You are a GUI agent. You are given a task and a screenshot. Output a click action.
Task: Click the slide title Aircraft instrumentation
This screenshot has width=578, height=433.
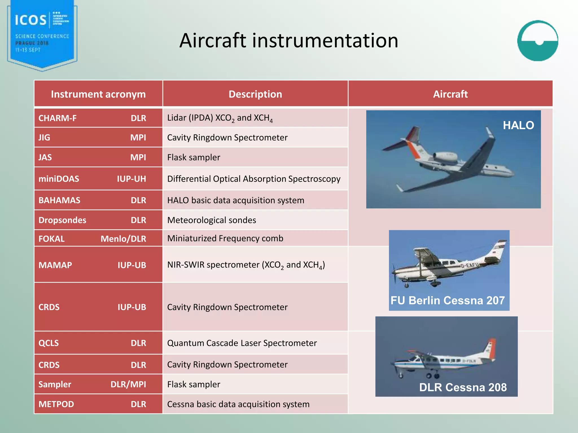[x=289, y=41]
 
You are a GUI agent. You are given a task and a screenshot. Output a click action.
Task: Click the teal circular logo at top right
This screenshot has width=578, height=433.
[x=538, y=41]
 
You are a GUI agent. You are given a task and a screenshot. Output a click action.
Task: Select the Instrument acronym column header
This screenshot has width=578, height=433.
[x=98, y=94]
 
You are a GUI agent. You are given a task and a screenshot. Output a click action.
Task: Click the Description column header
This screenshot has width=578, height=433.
[x=255, y=94]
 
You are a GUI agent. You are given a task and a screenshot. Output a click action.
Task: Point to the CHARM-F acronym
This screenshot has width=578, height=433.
[x=58, y=118]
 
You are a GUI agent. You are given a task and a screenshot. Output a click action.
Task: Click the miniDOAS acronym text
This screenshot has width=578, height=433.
[x=59, y=179]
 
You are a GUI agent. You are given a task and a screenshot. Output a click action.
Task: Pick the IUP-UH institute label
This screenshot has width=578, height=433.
[x=132, y=179]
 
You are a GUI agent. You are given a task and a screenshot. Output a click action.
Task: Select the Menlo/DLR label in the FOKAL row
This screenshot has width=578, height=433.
[x=123, y=239]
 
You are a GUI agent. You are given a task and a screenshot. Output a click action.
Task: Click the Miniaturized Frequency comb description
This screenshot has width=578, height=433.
[x=225, y=238]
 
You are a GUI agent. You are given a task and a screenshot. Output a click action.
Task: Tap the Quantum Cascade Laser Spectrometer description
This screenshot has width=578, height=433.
[x=242, y=343]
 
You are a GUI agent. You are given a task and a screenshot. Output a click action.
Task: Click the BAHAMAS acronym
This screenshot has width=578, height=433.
[x=59, y=200]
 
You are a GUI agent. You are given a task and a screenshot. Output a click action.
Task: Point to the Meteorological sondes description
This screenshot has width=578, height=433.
[x=212, y=220]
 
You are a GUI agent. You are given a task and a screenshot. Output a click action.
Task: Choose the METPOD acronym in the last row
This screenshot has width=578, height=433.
[x=56, y=404]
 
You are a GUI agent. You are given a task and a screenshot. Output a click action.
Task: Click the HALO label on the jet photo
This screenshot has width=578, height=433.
[x=518, y=125]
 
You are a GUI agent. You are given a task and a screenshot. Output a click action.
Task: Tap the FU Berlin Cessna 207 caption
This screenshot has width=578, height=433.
[x=448, y=301]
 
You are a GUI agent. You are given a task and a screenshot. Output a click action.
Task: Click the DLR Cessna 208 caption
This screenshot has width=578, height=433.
[x=463, y=387]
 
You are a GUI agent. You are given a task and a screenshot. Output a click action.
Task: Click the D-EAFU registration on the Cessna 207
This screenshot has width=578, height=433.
[x=469, y=265]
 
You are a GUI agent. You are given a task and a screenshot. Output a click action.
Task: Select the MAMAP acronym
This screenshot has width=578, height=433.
[x=55, y=265]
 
